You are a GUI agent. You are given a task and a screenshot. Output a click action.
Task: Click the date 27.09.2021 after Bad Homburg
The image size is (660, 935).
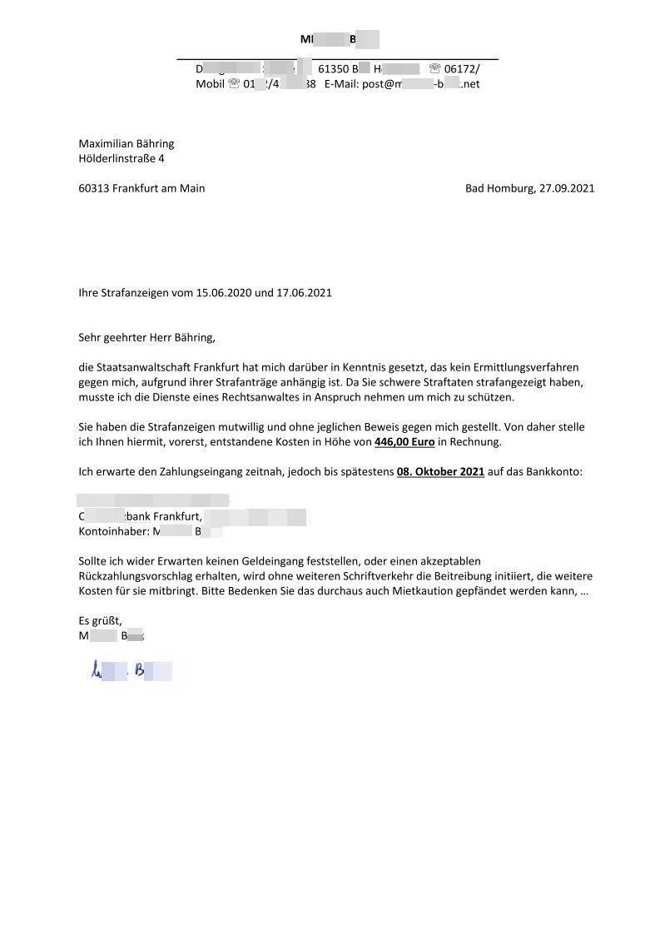tap(567, 188)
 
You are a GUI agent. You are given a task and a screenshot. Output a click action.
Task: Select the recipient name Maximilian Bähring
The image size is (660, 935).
tap(127, 143)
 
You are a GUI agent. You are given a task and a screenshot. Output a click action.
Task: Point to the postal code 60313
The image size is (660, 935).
tap(94, 188)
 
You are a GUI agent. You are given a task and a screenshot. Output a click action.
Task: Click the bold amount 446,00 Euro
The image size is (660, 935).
tap(404, 441)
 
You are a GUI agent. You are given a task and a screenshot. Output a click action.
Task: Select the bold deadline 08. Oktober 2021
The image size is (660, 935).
tap(440, 471)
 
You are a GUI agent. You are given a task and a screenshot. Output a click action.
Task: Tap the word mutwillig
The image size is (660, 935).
tap(238, 426)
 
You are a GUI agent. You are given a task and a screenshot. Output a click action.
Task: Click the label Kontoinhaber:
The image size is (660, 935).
tap(113, 531)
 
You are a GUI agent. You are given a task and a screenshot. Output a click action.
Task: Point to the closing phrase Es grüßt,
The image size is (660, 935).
tap(100, 621)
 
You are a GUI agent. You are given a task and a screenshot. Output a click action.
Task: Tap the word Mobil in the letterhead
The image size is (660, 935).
tap(210, 84)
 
